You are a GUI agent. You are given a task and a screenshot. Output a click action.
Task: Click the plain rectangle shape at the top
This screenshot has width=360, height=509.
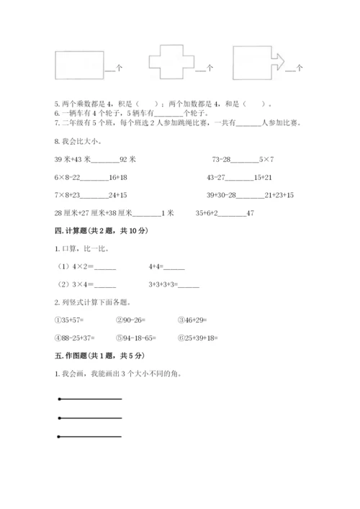click(x=78, y=63)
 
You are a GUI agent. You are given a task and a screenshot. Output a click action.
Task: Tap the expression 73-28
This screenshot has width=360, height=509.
click(x=223, y=158)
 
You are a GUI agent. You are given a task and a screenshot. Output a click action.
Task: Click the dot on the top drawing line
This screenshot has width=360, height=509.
click(x=58, y=399)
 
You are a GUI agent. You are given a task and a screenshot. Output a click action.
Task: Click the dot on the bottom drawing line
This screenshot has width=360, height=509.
click(x=58, y=435)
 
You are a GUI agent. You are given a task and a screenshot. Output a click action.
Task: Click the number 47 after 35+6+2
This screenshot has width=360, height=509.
click(x=251, y=212)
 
